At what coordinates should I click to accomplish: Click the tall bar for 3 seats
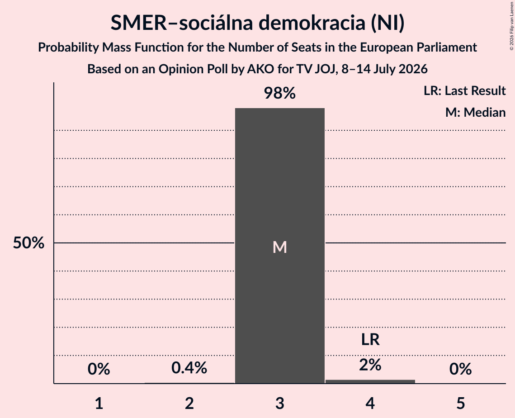coord(280,246)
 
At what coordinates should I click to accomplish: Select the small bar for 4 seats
coord(370,381)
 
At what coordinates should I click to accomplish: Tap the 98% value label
coord(280,93)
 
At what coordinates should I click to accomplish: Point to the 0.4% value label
coord(189,368)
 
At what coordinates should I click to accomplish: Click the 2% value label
coord(370,365)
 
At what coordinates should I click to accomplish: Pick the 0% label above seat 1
coord(99,369)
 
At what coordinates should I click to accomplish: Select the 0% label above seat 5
coord(460,369)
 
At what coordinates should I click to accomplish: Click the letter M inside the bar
coord(280,247)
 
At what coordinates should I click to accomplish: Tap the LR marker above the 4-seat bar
coord(370,339)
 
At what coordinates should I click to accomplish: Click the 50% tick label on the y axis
coord(28,243)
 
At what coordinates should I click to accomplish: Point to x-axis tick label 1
coord(99,403)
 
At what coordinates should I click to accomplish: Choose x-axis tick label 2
coord(189,403)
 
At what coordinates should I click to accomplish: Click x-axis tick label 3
coord(280,403)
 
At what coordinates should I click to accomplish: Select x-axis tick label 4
coord(370,403)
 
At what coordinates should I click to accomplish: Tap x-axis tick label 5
coord(460,403)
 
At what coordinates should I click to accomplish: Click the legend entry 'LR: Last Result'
coord(464,90)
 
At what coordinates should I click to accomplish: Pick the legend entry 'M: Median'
coord(475,112)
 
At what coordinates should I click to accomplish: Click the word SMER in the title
coord(139,23)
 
